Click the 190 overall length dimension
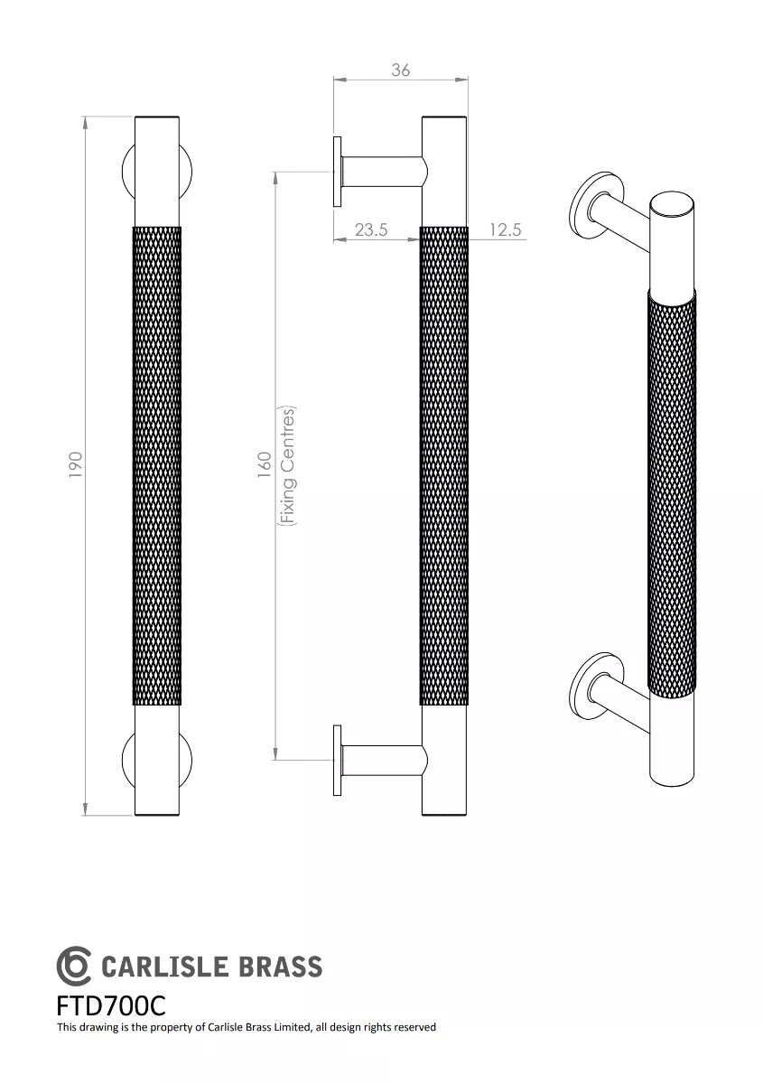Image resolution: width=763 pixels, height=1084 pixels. (76, 464)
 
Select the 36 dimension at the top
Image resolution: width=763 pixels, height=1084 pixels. (401, 70)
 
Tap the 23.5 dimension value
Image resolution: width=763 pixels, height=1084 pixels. (370, 229)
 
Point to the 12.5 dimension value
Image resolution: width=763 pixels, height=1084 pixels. (506, 229)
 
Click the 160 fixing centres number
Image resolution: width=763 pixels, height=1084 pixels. (265, 464)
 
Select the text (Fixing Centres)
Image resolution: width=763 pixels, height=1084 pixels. (288, 465)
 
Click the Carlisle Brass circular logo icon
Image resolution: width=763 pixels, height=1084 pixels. (74, 966)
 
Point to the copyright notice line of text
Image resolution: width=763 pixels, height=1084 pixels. (247, 1027)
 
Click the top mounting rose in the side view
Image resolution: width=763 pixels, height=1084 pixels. (338, 172)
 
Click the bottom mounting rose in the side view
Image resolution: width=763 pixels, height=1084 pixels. (338, 760)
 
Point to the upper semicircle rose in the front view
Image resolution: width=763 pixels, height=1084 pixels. (157, 172)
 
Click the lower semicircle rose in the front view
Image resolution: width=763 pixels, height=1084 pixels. (157, 760)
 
